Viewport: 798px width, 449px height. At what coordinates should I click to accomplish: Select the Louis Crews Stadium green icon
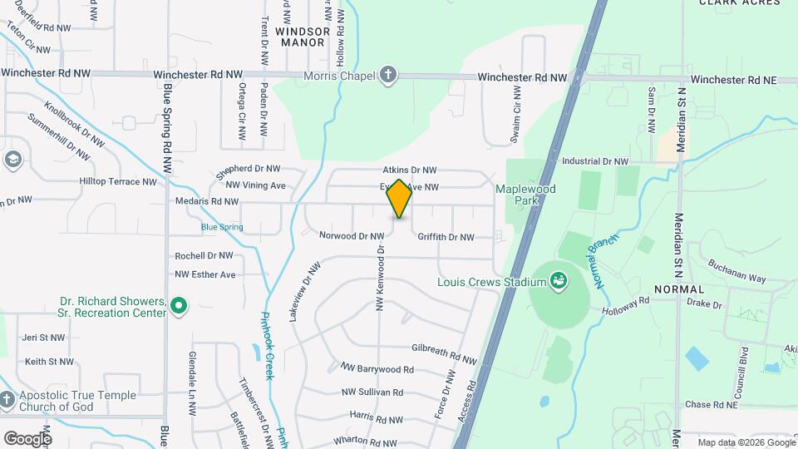[559, 281]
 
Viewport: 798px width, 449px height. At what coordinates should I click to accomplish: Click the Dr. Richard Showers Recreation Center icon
[177, 308]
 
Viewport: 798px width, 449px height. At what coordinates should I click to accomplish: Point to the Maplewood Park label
[525, 195]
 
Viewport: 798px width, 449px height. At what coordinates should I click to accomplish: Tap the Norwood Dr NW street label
[352, 236]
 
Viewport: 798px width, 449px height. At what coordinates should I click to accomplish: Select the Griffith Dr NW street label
[446, 237]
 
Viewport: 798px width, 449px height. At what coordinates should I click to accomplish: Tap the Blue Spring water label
[221, 226]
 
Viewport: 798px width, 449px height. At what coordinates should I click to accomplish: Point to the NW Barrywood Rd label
[377, 368]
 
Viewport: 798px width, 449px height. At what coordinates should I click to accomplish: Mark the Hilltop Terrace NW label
[117, 181]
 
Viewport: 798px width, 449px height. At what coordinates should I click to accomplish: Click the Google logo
[27, 438]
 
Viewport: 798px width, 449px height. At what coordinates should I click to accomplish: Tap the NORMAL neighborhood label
[679, 288]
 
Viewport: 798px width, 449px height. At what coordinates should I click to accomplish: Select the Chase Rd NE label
[712, 405]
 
